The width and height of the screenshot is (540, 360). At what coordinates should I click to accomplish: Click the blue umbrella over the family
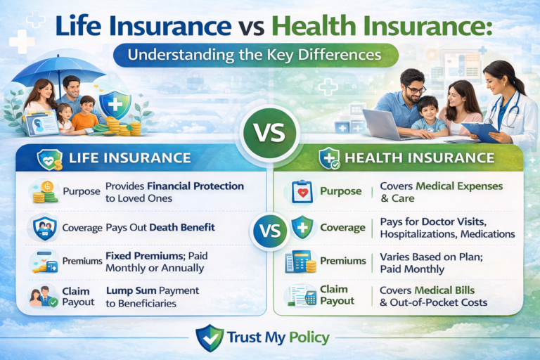click(x=60, y=69)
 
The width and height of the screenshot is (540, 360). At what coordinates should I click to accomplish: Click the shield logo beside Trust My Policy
click(x=209, y=337)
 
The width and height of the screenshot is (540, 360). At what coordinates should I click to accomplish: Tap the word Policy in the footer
click(x=307, y=337)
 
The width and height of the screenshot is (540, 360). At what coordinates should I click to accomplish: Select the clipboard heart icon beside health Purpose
click(x=302, y=191)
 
